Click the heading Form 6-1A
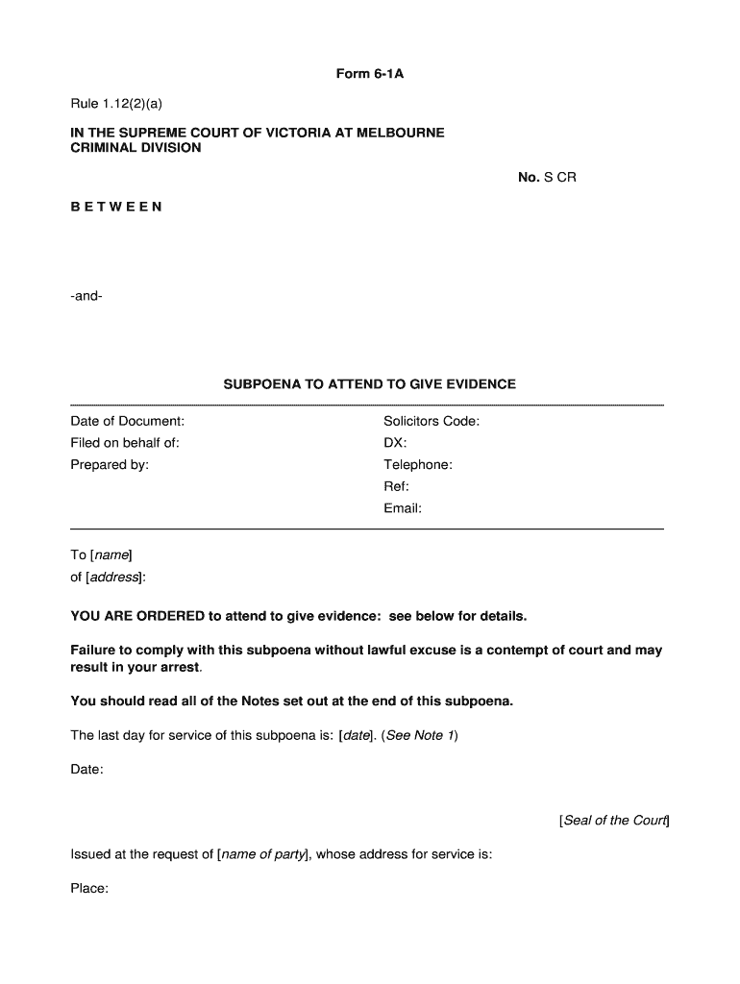(369, 73)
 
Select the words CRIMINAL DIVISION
(136, 148)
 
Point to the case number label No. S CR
(547, 178)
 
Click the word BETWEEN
(116, 207)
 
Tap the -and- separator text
(86, 296)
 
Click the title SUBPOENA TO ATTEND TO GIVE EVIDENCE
(369, 384)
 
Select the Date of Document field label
(127, 421)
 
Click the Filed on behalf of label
(125, 443)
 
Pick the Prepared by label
(110, 465)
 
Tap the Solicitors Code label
(432, 421)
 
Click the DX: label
(395, 443)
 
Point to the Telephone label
(418, 465)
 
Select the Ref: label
(396, 487)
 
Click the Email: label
(403, 509)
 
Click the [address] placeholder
(115, 578)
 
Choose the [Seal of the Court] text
(614, 821)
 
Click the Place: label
(89, 889)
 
